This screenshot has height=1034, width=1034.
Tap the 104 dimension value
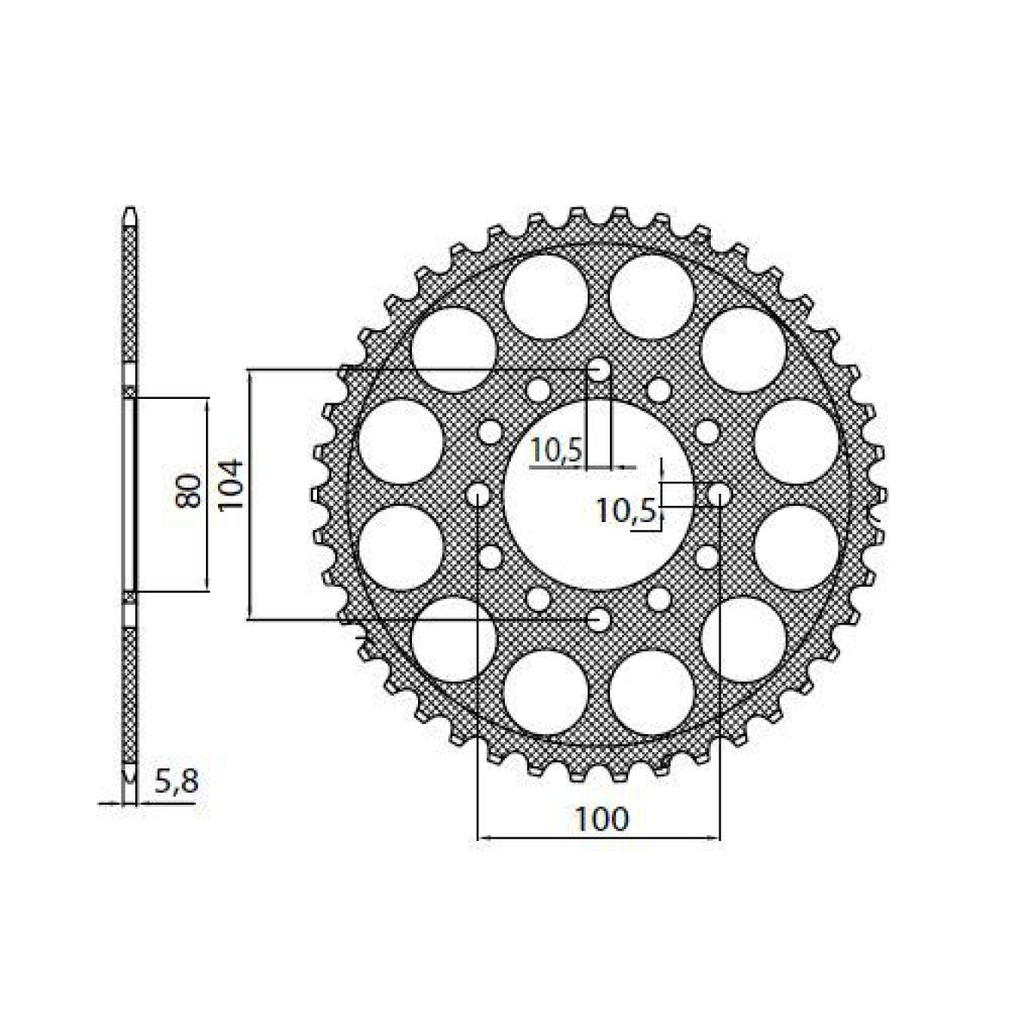(x=233, y=489)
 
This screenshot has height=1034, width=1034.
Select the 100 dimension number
(x=601, y=819)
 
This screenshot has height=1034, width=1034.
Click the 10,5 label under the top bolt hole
(x=557, y=449)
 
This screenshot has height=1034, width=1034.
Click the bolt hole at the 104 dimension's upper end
(x=598, y=371)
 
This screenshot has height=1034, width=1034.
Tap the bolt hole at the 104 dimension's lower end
(x=598, y=619)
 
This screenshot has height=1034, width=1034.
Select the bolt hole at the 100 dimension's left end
(x=477, y=495)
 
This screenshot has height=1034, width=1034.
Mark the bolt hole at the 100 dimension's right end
(x=719, y=495)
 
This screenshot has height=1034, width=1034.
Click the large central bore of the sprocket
(x=598, y=495)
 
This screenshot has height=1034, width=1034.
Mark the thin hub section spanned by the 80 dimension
(x=129, y=495)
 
